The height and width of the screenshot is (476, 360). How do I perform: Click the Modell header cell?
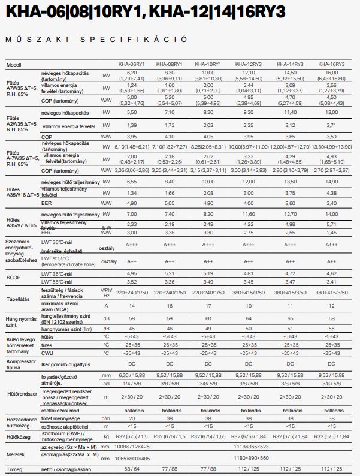[x=14, y=64]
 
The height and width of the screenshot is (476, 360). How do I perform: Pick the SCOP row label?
[x=13, y=277]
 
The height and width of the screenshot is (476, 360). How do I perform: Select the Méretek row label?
[x=16, y=453]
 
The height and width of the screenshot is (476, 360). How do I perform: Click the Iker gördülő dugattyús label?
[x=66, y=364]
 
